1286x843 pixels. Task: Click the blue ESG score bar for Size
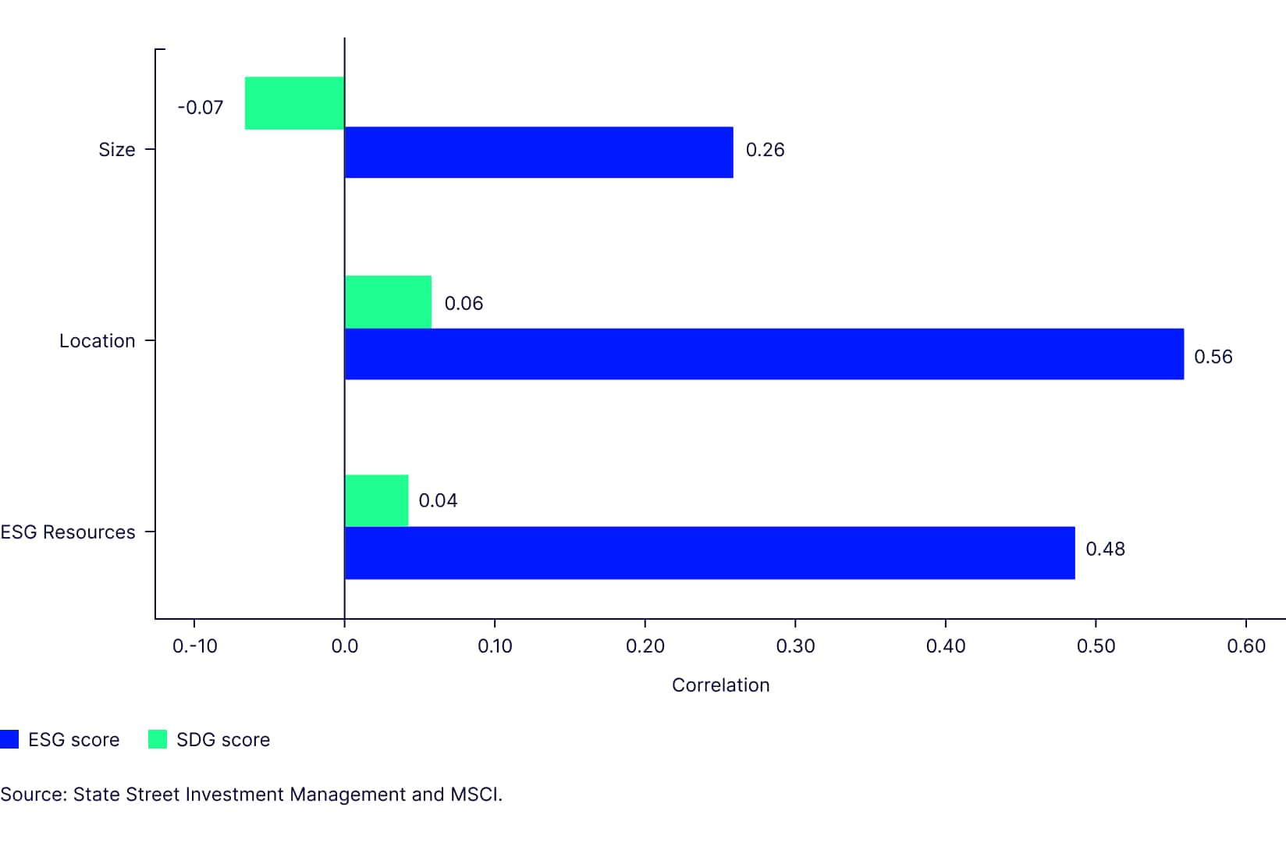coord(538,152)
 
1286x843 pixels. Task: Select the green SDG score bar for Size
coord(294,103)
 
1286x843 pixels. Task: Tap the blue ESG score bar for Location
coord(764,354)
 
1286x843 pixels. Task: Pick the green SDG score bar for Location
coord(388,302)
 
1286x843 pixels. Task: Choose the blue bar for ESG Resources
coord(709,553)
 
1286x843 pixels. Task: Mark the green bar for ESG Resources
coord(376,500)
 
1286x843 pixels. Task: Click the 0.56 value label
coord(1213,357)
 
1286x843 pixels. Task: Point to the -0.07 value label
coord(201,108)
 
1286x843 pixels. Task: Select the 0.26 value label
coord(765,150)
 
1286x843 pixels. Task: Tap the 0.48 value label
coord(1105,549)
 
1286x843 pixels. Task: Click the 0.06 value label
coord(464,304)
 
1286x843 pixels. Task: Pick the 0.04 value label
coord(438,500)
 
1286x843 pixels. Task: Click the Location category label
coord(98,341)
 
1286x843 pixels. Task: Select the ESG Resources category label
coord(68,532)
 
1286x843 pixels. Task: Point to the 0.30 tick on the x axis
coord(795,646)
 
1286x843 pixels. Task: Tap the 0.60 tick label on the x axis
coord(1246,646)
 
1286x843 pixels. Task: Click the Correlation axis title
coord(720,685)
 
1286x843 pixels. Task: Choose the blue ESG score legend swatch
coord(9,739)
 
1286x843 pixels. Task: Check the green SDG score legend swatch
coord(158,739)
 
